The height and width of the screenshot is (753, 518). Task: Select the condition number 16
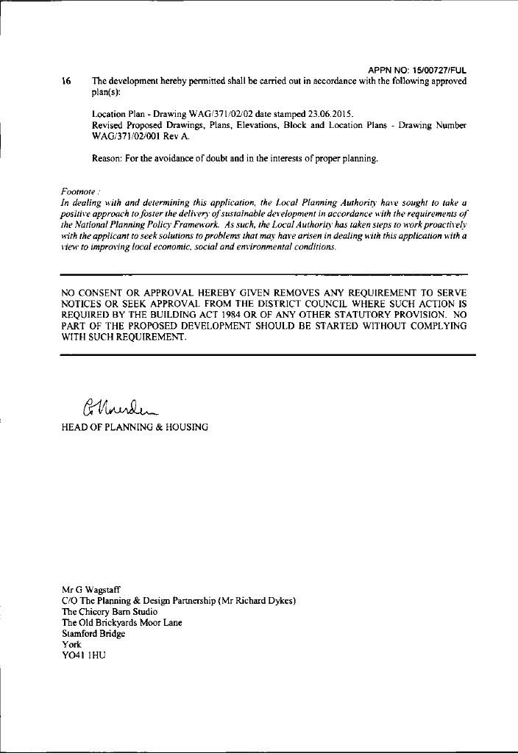point(67,82)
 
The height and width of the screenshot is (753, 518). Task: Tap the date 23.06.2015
point(324,115)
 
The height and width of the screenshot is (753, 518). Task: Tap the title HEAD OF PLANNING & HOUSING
point(135,427)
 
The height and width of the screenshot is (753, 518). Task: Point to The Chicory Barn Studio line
point(109,611)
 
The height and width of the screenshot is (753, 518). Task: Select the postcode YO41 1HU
point(84,655)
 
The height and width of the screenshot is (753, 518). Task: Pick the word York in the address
point(71,644)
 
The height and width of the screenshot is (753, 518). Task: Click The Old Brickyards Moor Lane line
point(122,622)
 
